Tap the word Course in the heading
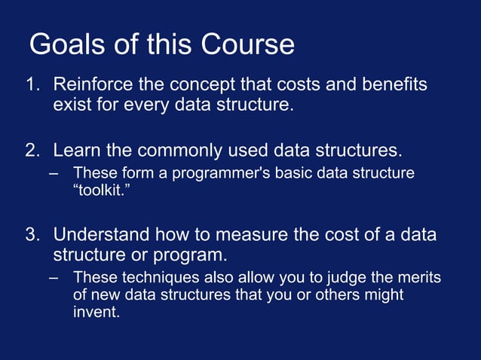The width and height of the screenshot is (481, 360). point(248,45)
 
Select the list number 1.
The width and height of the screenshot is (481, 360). point(33,84)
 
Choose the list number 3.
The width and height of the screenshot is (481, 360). point(33,234)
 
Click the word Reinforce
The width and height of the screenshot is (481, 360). point(90,84)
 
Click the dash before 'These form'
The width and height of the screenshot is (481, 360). point(54,173)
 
